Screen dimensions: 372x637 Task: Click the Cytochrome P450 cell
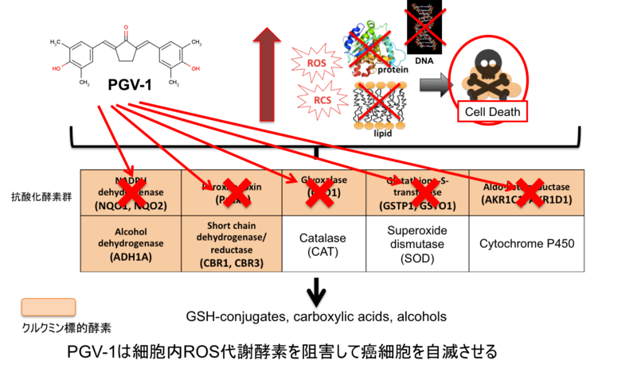[516, 244]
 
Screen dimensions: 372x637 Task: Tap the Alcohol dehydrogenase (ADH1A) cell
[127, 244]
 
